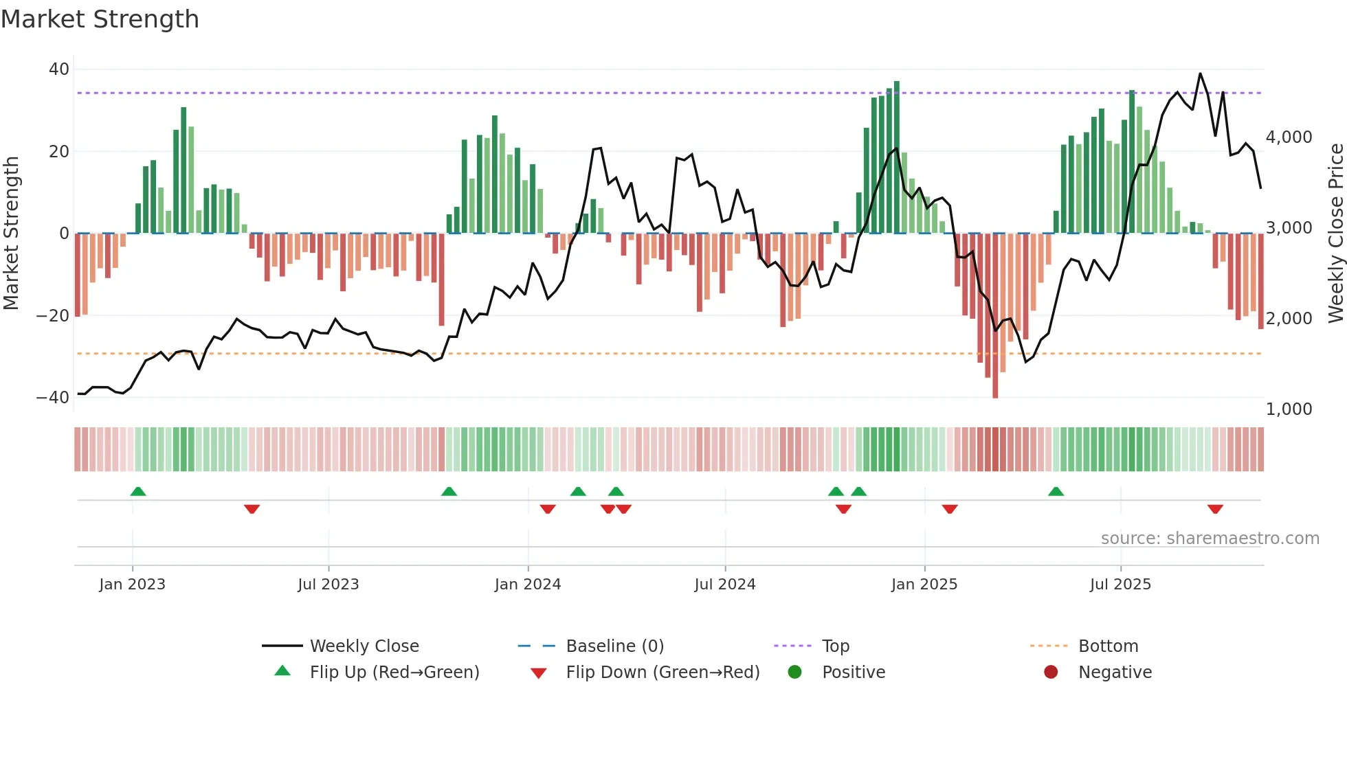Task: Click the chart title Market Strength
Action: [100, 19]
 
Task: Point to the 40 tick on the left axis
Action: [59, 69]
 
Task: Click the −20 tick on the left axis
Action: [54, 316]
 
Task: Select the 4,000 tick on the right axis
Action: [1289, 137]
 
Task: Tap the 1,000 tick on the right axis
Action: [1289, 409]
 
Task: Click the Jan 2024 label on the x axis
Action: [527, 585]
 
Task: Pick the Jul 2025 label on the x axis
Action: [1120, 585]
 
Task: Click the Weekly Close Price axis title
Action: [1335, 234]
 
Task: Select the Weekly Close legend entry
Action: [364, 646]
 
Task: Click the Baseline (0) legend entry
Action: [614, 646]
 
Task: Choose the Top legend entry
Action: [835, 646]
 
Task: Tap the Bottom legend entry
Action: [1108, 646]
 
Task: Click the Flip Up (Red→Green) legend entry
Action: [394, 673]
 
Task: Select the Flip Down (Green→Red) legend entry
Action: [663, 673]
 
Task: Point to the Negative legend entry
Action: [1114, 673]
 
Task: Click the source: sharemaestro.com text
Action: [1210, 539]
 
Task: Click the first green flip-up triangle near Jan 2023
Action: [138, 492]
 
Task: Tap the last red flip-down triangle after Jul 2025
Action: [1215, 509]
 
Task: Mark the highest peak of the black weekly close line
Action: [1200, 74]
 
